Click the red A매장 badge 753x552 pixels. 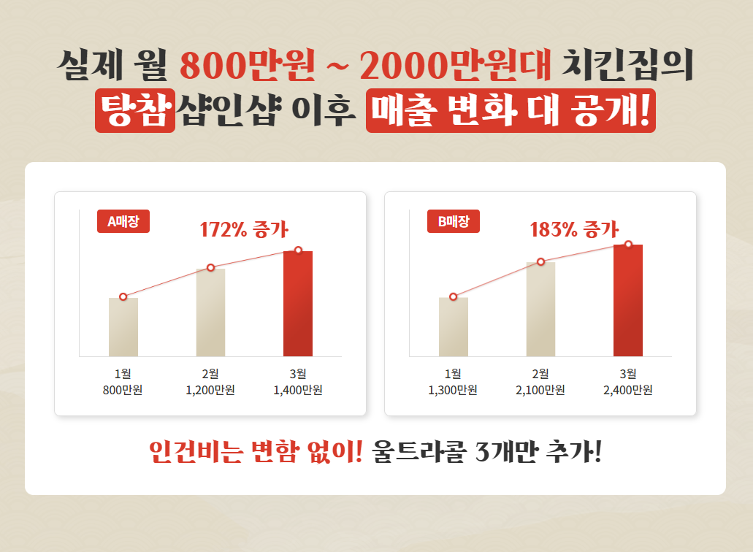[x=123, y=221]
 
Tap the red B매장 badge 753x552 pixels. [x=453, y=221]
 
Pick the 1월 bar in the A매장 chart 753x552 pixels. [x=123, y=327]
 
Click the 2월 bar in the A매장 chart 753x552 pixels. [x=210, y=313]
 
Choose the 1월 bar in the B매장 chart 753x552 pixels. [x=453, y=327]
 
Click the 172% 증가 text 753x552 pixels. [x=244, y=229]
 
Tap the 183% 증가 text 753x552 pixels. [x=574, y=229]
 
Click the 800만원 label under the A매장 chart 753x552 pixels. [x=123, y=390]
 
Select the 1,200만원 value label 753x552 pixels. [x=210, y=390]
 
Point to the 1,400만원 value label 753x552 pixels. [x=298, y=390]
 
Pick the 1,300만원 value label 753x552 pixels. [x=453, y=390]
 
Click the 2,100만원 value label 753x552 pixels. [x=540, y=390]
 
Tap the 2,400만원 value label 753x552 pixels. [x=628, y=390]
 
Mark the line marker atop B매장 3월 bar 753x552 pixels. [x=628, y=244]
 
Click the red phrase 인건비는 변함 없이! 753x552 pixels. [x=255, y=453]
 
